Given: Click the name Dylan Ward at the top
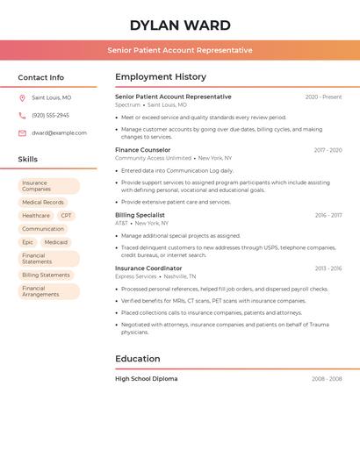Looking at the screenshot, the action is point(180,25).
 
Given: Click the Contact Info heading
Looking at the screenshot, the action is point(40,77).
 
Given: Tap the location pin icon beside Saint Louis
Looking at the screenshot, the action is point(22,98).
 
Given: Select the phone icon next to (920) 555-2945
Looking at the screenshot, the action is point(22,115).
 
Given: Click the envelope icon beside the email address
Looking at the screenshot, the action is point(22,132).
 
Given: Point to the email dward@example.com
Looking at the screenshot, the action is point(59,132).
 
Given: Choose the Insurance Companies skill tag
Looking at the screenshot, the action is point(48,186).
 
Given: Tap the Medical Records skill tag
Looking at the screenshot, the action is point(43,202).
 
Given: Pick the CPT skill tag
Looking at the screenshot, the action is point(67,215).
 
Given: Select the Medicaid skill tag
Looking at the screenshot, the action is point(56,242).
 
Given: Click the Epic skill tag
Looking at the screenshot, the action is point(28,242).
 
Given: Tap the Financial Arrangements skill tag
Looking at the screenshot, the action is point(48,291).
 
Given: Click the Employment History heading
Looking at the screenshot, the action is point(161,77).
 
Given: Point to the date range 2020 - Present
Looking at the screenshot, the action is point(323,97).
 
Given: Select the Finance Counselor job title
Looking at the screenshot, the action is point(143,150).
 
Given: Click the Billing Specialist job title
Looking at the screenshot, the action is point(140,215).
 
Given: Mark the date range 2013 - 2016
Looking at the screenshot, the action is point(328,268).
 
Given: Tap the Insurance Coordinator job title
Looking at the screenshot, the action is point(148,268).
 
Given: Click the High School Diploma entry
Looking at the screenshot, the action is point(146,379).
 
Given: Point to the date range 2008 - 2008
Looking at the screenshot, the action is point(327,379).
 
